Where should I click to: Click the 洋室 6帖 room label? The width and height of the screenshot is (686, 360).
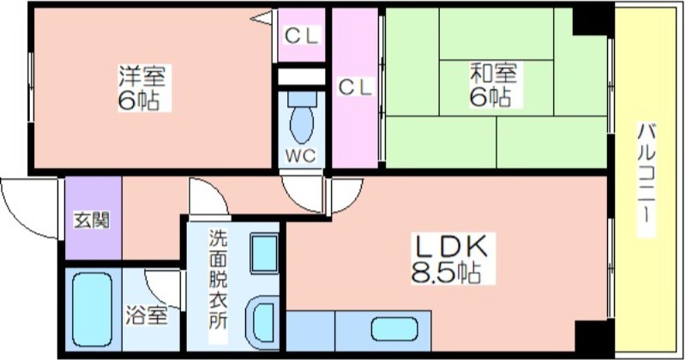point(142,88)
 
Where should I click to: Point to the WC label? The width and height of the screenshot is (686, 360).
point(301,156)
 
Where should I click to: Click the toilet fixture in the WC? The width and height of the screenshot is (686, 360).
point(302,117)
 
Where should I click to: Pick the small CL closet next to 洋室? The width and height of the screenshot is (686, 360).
point(302,35)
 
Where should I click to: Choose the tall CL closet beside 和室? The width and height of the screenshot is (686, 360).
point(355,87)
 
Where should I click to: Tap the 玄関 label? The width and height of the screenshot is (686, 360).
point(91,220)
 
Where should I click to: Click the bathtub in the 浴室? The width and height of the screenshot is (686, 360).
point(93,309)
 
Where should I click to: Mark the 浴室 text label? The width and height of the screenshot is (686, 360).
point(147,315)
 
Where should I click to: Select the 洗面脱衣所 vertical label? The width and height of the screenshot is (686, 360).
point(218,279)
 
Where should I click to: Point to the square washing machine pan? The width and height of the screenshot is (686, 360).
point(264,254)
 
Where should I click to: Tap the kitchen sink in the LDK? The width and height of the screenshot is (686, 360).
point(394,329)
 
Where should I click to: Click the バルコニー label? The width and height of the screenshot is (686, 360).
point(646,180)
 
